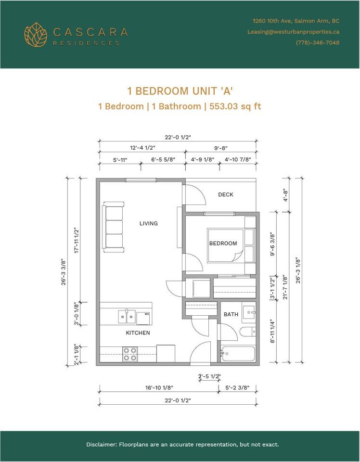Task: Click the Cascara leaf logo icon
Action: coord(36,35)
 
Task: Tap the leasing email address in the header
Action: coord(293,32)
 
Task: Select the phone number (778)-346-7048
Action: coord(318,43)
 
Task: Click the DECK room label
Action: coord(226,194)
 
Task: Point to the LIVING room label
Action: coord(149,223)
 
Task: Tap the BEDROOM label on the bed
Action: coord(223,244)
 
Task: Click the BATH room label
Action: coord(231,314)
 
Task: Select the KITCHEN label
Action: coord(138,333)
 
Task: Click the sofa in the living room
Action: coord(113,227)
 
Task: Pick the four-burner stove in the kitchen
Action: coord(130,354)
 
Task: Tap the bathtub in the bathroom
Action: coord(238,354)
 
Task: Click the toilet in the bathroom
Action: coord(248,332)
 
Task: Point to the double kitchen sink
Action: coord(127,317)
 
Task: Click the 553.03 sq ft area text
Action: coord(235,106)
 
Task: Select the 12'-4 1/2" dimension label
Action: coord(142,148)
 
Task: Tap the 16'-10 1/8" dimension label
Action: coord(159,387)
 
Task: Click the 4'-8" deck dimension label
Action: coord(285,195)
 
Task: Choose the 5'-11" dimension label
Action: coord(120,160)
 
